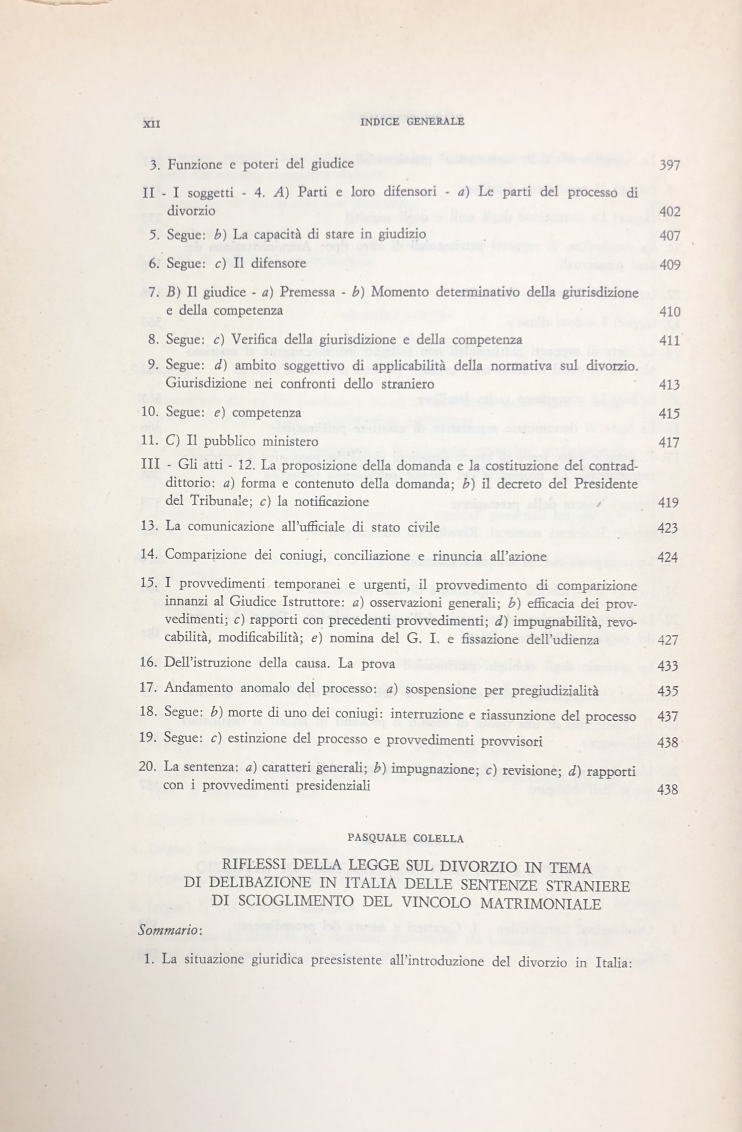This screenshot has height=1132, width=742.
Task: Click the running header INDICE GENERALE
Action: pos(412,121)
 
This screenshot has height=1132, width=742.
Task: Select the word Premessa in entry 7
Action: pos(305,292)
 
